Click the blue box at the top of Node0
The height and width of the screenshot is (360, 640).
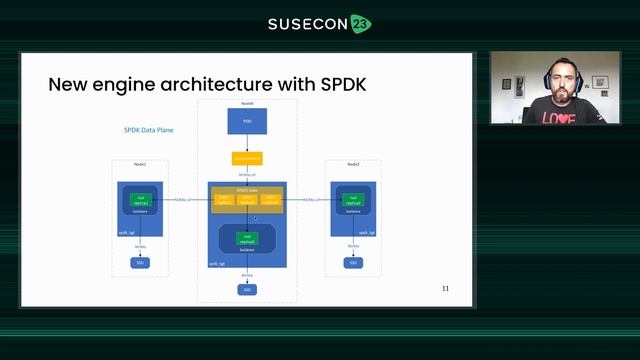pyautogui.click(x=247, y=122)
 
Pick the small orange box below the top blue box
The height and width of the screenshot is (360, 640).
pyautogui.click(x=247, y=158)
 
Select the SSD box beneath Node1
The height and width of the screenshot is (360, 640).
pyautogui.click(x=141, y=263)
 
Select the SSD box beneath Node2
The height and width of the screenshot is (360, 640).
pyautogui.click(x=352, y=263)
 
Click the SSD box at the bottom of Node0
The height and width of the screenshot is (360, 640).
pyautogui.click(x=247, y=289)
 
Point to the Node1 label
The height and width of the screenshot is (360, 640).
pyautogui.click(x=140, y=164)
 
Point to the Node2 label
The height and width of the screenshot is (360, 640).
pyautogui.click(x=351, y=164)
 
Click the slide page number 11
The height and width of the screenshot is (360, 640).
pyautogui.click(x=445, y=288)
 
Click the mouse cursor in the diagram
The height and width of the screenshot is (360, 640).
pyautogui.click(x=255, y=218)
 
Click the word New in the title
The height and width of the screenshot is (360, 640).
pyautogui.click(x=67, y=84)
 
